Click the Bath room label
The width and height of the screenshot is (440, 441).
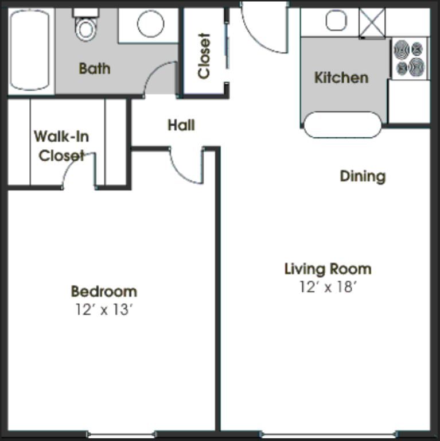95,69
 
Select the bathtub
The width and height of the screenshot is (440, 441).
30,50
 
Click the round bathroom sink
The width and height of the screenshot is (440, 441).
150,24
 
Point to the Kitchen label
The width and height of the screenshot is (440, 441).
341,78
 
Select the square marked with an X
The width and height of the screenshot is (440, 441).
372,22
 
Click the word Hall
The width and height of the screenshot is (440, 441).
181,125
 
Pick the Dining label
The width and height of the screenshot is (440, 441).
363,176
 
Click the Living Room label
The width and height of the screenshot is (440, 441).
328,269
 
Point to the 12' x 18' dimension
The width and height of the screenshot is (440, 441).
328,287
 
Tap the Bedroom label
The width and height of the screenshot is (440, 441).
104,291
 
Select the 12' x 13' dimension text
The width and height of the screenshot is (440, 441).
104,310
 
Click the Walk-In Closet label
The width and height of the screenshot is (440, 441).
61,146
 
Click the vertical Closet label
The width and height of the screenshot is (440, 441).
204,56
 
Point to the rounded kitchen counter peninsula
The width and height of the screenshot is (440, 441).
342,125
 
